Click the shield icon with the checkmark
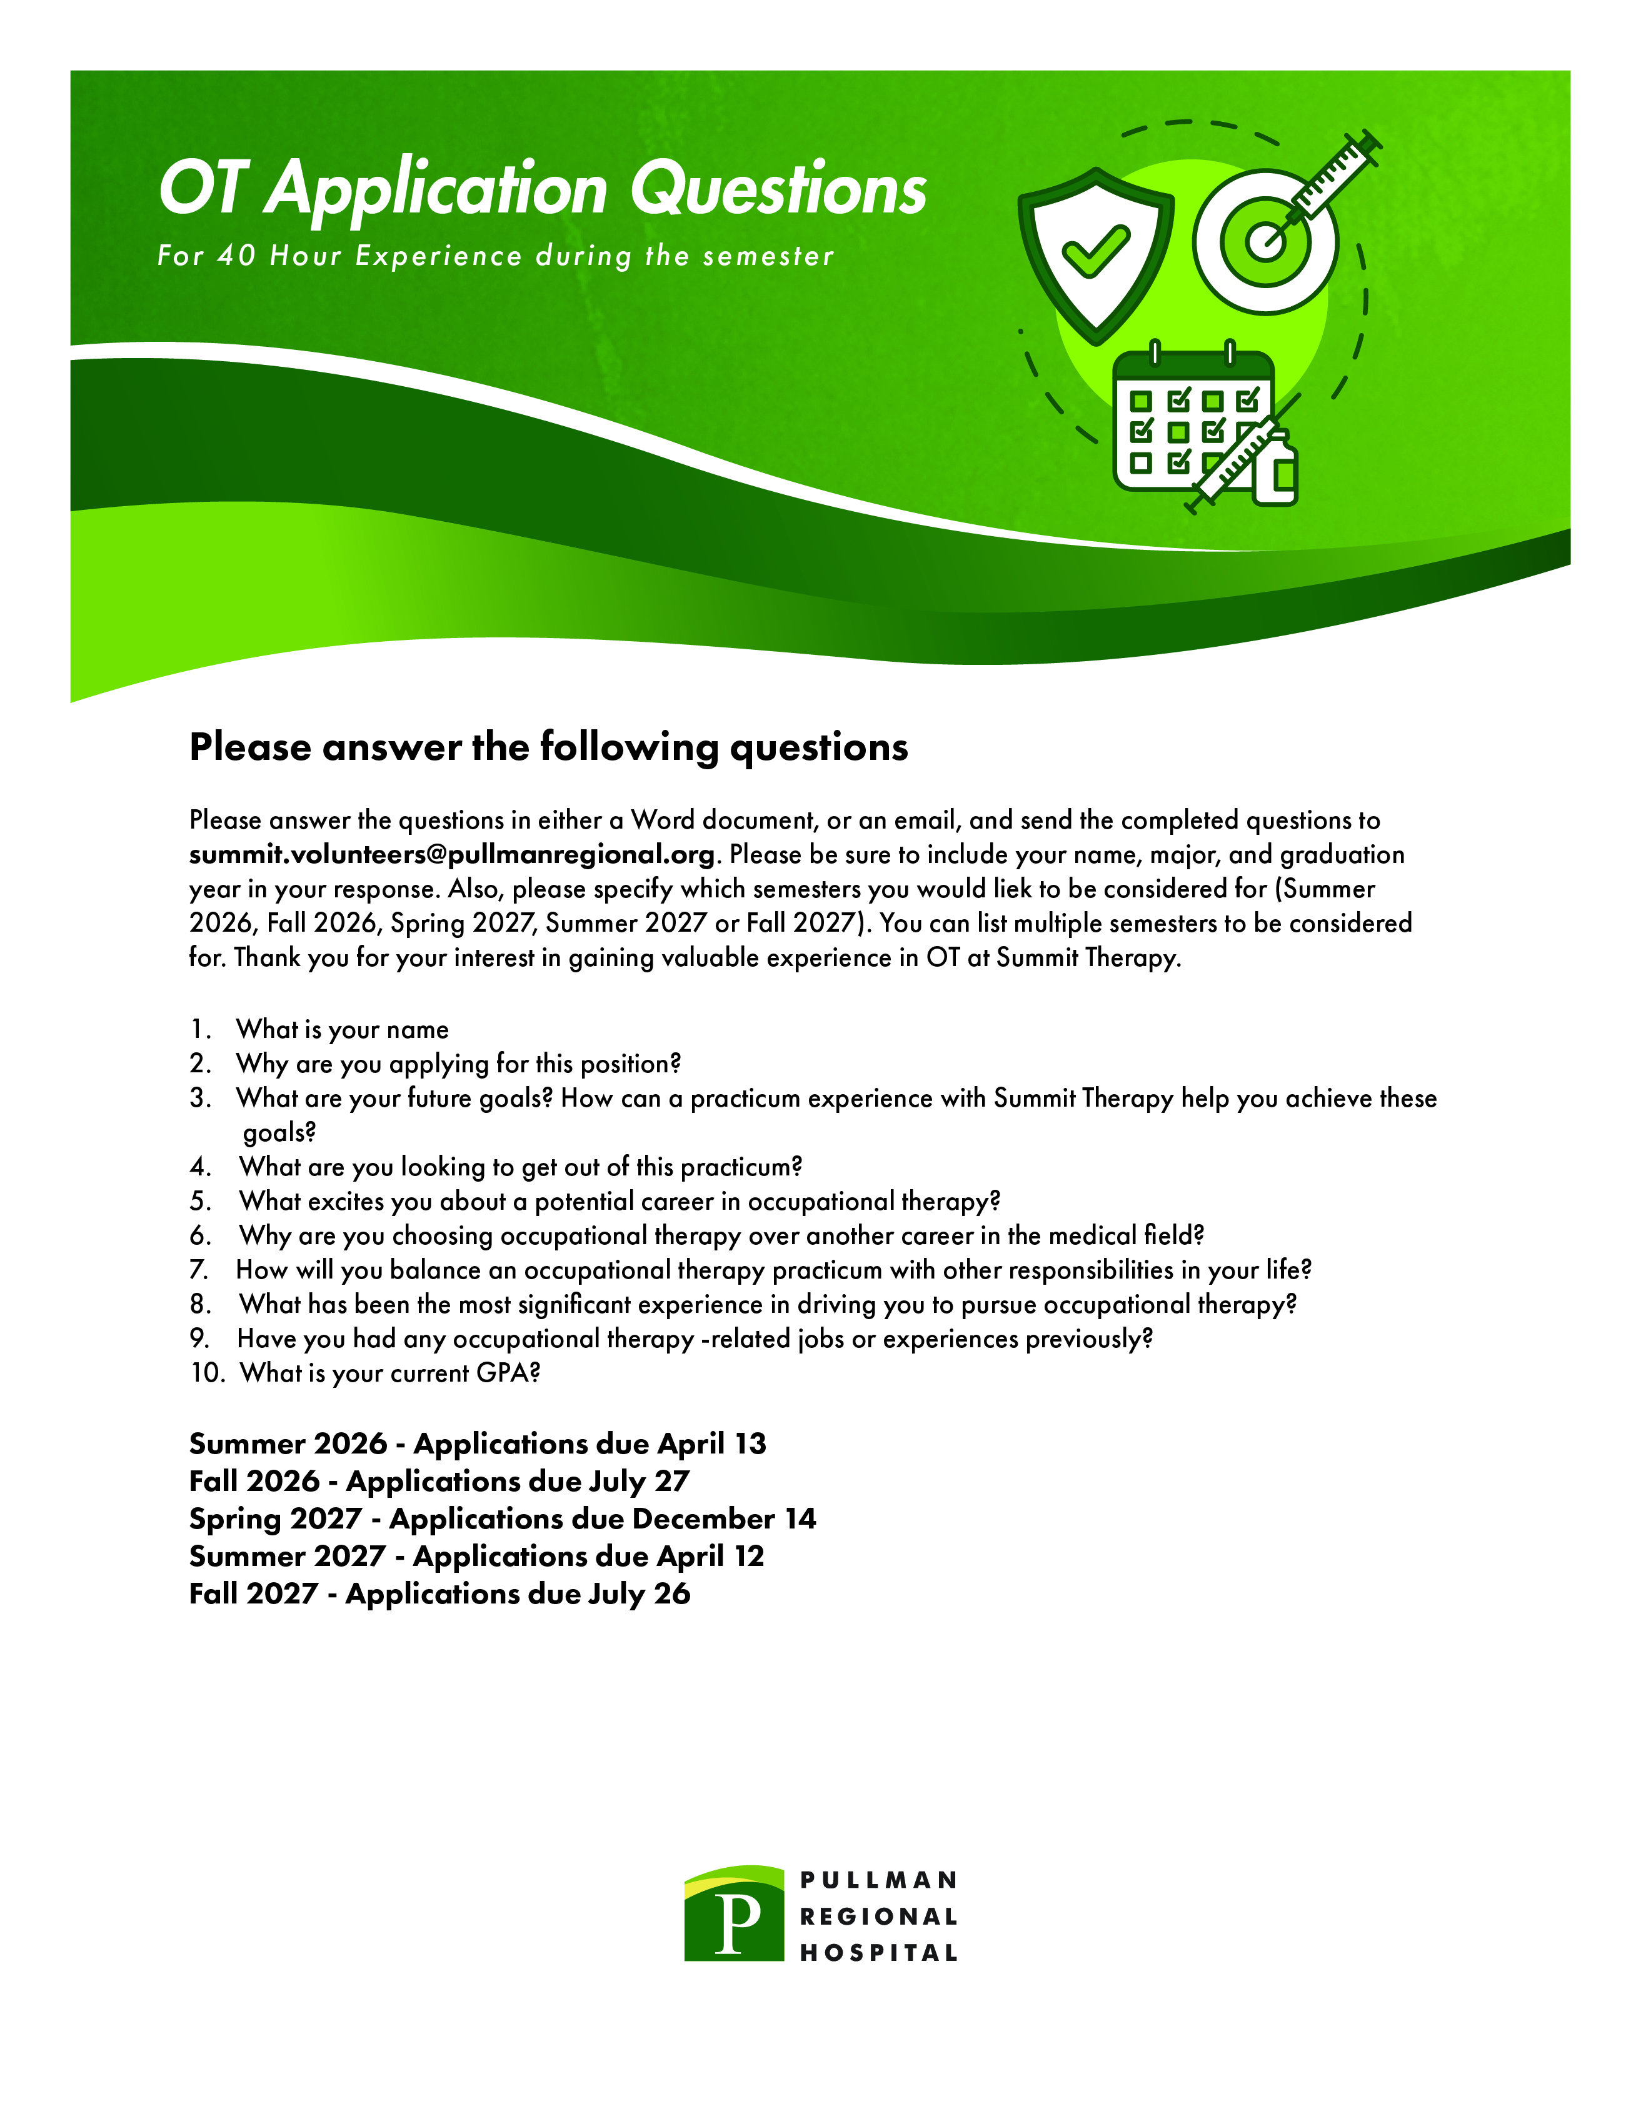click(1095, 253)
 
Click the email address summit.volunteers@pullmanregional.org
click(452, 855)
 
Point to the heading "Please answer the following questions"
click(549, 747)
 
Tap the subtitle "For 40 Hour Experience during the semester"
click(496, 256)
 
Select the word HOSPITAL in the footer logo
click(878, 1953)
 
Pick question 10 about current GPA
click(390, 1373)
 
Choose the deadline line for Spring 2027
click(502, 1519)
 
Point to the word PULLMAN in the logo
click(878, 1880)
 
